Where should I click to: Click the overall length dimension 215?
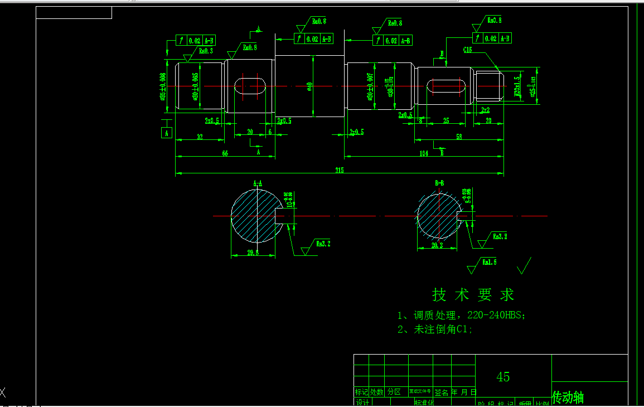coord(339,170)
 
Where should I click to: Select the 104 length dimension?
coord(424,153)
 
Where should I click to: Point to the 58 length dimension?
coord(458,137)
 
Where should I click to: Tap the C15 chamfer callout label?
coord(467,50)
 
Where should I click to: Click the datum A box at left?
coord(166,133)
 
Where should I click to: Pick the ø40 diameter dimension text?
coord(309,86)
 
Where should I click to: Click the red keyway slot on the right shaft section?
coord(446,86)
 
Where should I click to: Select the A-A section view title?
coord(258,183)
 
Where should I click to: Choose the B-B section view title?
coord(439,183)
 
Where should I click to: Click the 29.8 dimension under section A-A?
coord(253,253)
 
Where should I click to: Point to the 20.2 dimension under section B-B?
coord(438,245)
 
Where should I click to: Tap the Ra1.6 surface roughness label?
coord(489,261)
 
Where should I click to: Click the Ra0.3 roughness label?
coord(206,51)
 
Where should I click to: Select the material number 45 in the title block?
coord(502,377)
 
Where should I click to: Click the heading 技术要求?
coord(473,294)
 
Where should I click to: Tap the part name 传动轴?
coord(568,397)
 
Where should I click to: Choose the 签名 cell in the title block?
coord(441,393)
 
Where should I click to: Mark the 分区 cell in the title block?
coord(394,393)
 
